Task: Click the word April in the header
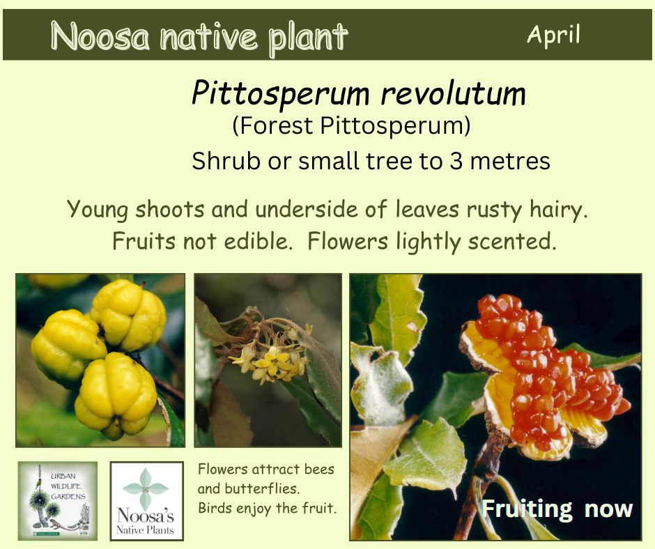[x=553, y=35]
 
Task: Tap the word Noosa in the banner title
[x=100, y=36]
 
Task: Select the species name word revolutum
[x=453, y=93]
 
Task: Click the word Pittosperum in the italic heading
[x=281, y=95]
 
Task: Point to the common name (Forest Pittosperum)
[x=351, y=126]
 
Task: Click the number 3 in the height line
[x=456, y=161]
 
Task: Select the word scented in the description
[x=511, y=242]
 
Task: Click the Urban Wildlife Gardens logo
[x=58, y=500]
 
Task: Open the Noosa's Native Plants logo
[x=146, y=500]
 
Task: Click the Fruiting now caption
[x=557, y=509]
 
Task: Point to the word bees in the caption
[x=319, y=469]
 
